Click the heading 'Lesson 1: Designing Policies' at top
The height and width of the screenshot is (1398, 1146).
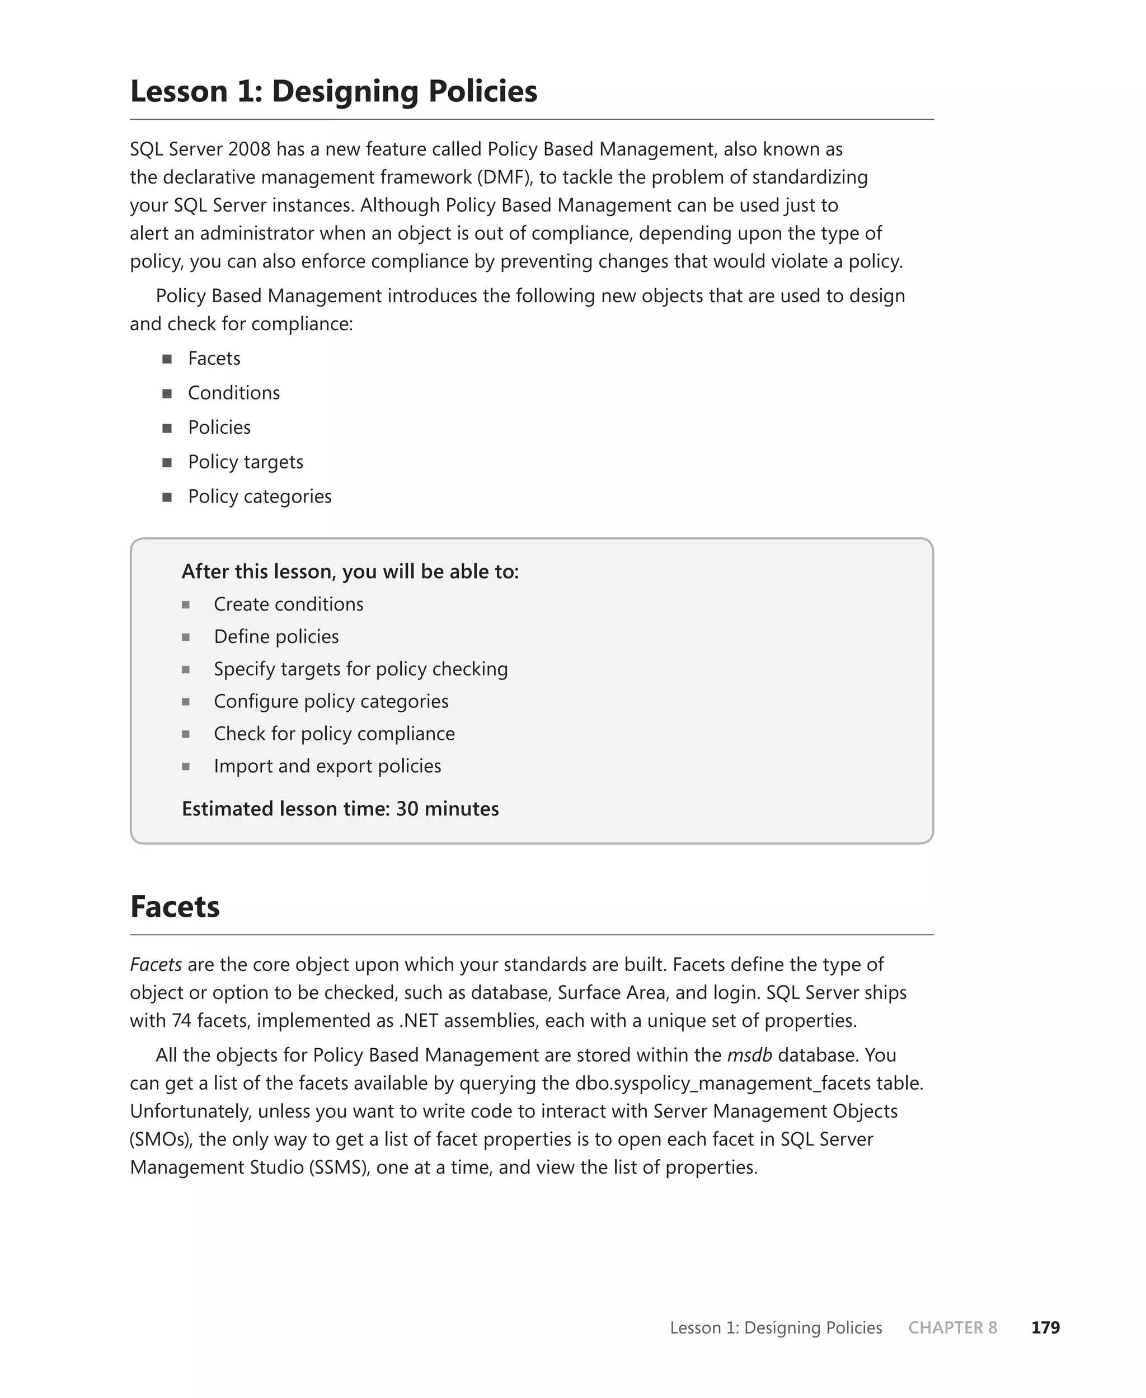coord(334,91)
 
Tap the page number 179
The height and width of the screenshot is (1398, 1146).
coord(1045,1327)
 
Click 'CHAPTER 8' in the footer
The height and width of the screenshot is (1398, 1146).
coord(952,1327)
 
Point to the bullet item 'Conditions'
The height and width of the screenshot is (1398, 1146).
coord(234,393)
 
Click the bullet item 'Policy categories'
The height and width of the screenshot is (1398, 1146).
coord(260,496)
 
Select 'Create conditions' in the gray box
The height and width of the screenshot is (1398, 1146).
coord(289,604)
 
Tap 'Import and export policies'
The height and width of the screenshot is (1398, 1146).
coord(327,766)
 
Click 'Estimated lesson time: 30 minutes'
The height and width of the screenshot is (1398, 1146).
coord(340,809)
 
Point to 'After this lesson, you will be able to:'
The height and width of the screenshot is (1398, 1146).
coord(350,571)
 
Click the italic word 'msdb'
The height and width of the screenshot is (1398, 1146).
coord(749,1055)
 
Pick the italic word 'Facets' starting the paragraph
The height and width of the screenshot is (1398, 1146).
coord(156,964)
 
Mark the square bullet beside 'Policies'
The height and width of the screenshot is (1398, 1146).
coord(167,428)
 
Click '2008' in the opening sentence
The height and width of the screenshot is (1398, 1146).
coord(250,149)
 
